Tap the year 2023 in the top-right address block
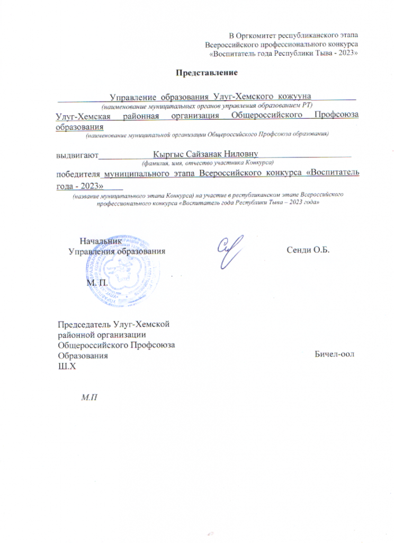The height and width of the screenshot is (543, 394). [x=348, y=54]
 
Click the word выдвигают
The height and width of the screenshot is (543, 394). [x=77, y=155]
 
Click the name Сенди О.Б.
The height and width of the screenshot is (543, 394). [x=308, y=250]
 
